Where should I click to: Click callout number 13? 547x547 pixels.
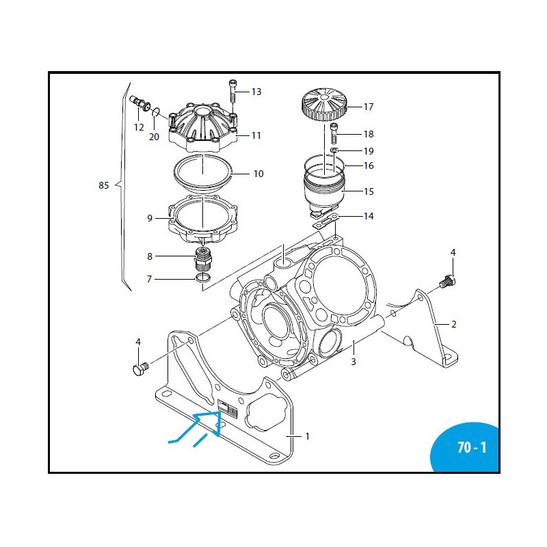[x=256, y=92]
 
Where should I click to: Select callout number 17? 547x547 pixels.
[x=369, y=107]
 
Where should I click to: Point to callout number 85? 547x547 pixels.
[x=104, y=185]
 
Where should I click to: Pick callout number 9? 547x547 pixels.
[x=149, y=218]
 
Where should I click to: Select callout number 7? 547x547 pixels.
[x=149, y=279]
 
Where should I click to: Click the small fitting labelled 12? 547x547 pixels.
[x=139, y=103]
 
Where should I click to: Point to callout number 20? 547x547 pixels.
[x=154, y=136]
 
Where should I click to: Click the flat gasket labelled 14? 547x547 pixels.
[x=326, y=222]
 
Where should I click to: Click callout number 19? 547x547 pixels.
[x=369, y=150]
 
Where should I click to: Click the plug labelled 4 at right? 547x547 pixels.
[x=449, y=280]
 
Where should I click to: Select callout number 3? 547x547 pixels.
[x=353, y=362]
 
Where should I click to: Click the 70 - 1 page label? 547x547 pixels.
[x=472, y=449]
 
